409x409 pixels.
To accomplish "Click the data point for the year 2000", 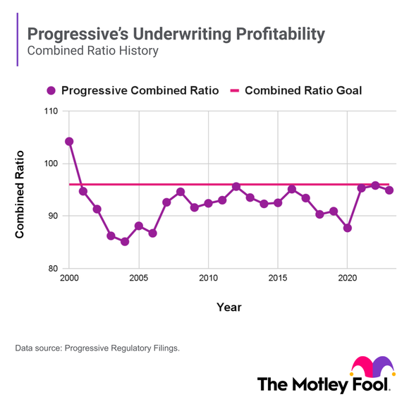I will (69, 142).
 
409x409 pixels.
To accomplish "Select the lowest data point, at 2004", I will (125, 242).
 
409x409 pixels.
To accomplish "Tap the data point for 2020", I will (347, 228).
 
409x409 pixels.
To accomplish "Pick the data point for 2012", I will (236, 187).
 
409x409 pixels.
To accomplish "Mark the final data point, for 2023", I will (389, 190).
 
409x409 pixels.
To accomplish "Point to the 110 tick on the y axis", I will (53, 111).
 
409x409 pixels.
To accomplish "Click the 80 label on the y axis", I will (53, 269).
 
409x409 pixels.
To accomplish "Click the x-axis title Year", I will (229, 307).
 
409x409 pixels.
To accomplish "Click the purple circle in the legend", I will (51, 90).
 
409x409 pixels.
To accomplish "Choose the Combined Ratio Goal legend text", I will (303, 90).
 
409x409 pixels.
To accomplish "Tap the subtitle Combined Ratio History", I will (92, 51).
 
